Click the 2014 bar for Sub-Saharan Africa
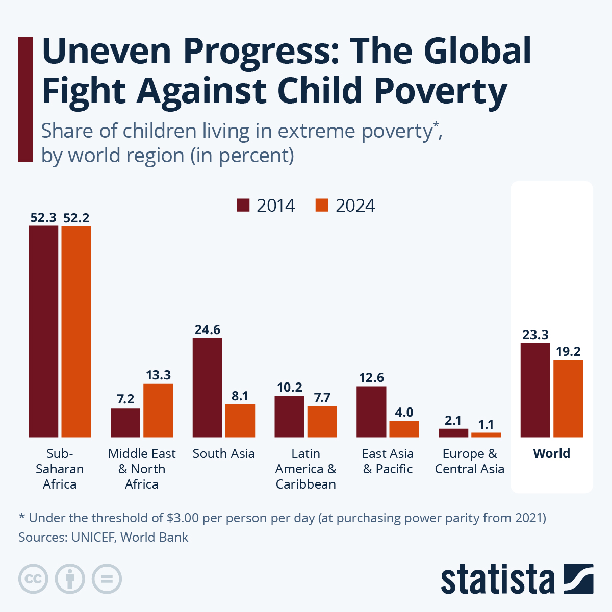click(43, 331)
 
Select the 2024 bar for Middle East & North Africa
click(158, 410)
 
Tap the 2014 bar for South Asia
click(207, 387)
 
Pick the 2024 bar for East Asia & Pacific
click(404, 429)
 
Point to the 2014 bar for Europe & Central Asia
click(453, 433)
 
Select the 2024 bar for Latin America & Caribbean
click(322, 421)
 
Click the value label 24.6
click(207, 330)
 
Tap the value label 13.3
click(158, 375)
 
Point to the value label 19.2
click(568, 352)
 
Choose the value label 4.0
click(404, 413)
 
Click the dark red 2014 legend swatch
click(243, 205)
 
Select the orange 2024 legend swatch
click(322, 205)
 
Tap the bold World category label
click(551, 453)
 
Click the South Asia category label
click(223, 453)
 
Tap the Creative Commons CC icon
click(34, 579)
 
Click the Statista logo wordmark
click(497, 579)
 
